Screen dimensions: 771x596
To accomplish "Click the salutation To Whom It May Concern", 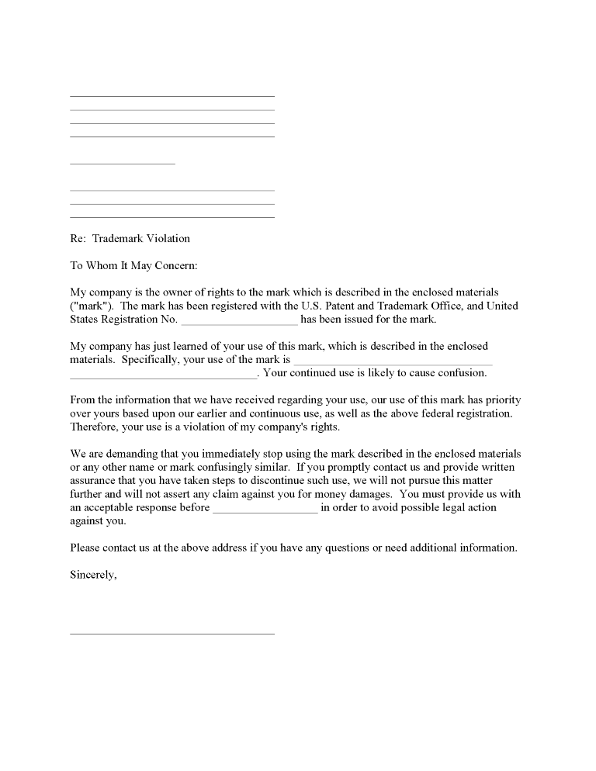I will pos(134,265).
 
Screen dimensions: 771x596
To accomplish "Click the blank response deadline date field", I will pos(265,508).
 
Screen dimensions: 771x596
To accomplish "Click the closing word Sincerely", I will pos(93,575).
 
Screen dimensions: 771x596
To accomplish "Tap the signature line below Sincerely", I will pos(172,634).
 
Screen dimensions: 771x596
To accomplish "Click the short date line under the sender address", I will pos(123,164).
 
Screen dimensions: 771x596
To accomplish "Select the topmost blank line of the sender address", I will pos(172,96).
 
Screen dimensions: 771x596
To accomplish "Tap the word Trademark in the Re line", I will pos(116,238).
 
